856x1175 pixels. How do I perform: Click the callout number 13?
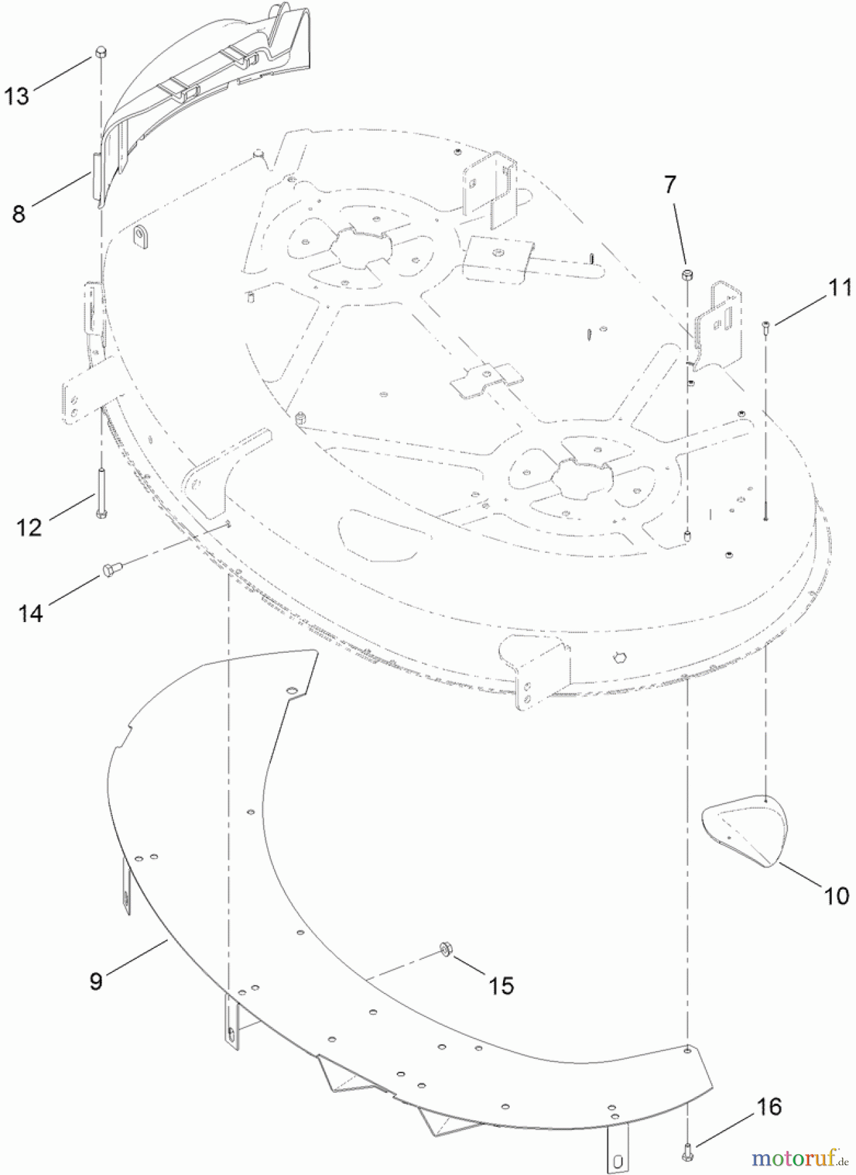[x=17, y=97]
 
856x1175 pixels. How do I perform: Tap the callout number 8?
[x=18, y=213]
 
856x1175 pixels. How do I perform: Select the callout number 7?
[x=671, y=185]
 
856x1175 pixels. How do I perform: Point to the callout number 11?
[x=840, y=288]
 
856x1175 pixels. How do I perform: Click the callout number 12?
[x=29, y=527]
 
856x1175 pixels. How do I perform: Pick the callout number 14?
[x=31, y=613]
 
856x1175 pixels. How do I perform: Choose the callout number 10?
[x=836, y=896]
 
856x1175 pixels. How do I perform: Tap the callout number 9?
[x=96, y=981]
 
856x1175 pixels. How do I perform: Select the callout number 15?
[x=501, y=985]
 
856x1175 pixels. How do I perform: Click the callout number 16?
[x=769, y=1106]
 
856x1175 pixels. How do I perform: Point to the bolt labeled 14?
[x=109, y=571]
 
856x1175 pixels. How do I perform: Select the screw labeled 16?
[x=686, y=1153]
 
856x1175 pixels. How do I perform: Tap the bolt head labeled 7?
[x=686, y=275]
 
